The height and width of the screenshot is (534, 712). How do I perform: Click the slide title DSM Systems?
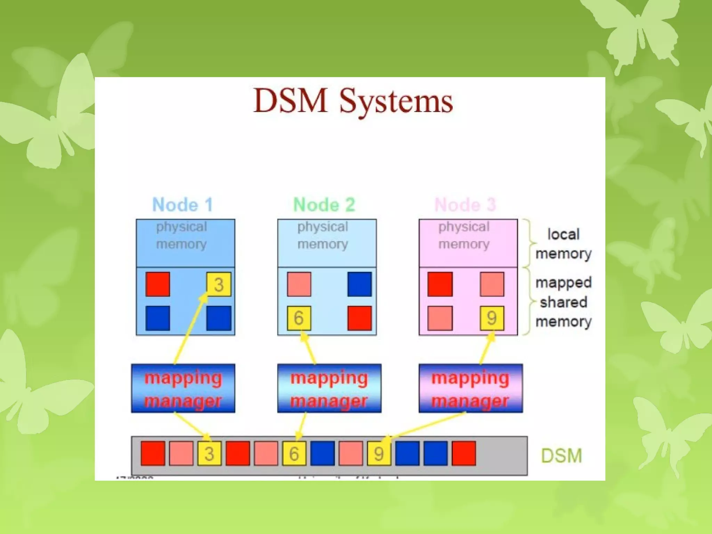(x=353, y=101)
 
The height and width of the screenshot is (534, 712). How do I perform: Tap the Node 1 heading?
(x=183, y=204)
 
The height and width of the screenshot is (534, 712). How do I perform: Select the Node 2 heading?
(x=324, y=204)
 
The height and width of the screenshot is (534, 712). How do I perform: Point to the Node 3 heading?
(x=465, y=204)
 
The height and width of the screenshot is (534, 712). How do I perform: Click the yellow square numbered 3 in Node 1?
(x=219, y=284)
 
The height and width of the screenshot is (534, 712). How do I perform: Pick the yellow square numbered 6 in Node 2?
(x=299, y=318)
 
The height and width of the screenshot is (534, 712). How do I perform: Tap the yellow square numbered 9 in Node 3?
(x=492, y=318)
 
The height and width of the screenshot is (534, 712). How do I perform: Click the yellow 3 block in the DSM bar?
(x=209, y=453)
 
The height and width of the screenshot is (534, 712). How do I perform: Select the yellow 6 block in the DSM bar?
(x=294, y=453)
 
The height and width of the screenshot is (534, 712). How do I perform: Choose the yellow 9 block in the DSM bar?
(x=379, y=453)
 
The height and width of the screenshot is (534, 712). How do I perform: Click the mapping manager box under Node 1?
(x=183, y=388)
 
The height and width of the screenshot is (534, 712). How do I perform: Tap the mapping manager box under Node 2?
(x=329, y=388)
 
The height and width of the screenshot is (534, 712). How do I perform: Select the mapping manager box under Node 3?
(x=470, y=388)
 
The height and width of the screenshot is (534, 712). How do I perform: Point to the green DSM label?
(x=561, y=455)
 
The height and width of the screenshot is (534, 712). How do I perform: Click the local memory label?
(x=563, y=244)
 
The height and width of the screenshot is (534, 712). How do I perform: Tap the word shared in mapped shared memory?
(x=564, y=302)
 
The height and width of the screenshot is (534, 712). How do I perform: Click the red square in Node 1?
(x=158, y=284)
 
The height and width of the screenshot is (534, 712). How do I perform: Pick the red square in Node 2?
(x=359, y=318)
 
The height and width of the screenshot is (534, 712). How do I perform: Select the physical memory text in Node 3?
(x=464, y=235)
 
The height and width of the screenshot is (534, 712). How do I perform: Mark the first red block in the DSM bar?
(x=153, y=453)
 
